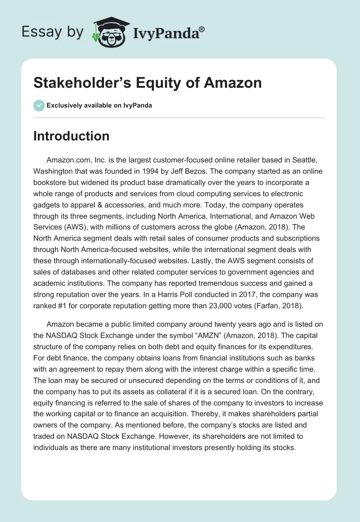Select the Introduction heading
(71, 136)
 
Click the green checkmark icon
(39, 105)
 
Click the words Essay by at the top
(52, 32)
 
